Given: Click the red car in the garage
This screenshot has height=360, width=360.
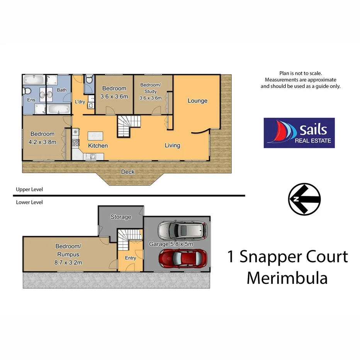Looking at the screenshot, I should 183,258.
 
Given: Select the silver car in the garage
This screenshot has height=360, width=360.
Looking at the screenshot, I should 182,230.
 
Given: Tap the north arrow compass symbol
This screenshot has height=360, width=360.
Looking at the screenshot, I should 304,199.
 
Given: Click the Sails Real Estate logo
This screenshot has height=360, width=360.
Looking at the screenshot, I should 299,133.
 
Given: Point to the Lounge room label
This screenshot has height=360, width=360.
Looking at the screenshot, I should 197,101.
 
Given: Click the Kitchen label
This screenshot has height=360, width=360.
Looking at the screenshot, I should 98,146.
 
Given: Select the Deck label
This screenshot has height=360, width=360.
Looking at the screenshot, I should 128,172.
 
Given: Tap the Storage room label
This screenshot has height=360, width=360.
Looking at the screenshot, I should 121,217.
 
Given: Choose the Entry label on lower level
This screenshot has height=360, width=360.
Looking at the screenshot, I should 130,258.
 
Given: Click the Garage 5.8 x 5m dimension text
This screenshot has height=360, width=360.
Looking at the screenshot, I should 171,244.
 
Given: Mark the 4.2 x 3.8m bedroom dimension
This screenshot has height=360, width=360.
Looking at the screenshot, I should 42,142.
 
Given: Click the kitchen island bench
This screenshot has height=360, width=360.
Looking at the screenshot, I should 96,136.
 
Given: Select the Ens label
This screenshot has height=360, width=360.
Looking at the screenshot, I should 31,100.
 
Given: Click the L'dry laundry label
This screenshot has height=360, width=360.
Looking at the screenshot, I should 80,102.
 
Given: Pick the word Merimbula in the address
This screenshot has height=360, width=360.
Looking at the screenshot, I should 287,278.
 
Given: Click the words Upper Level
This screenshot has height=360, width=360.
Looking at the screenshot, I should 29,190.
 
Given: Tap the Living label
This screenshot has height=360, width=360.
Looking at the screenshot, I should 172,146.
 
